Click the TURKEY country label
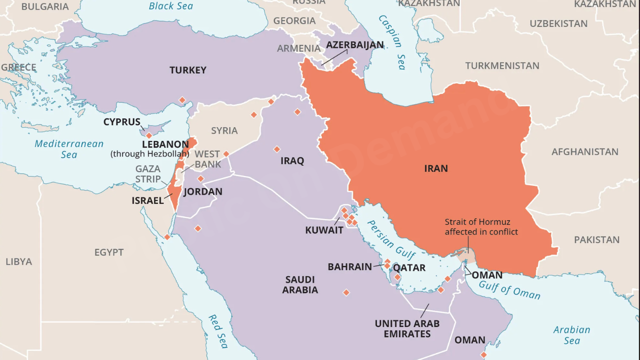point(187,70)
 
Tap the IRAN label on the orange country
point(435,168)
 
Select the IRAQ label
point(292,160)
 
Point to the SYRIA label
point(224,130)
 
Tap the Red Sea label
point(218,331)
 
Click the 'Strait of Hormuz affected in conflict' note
point(481,226)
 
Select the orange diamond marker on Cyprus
point(149,135)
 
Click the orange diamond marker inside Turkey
point(182,99)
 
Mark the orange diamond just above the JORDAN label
point(200,178)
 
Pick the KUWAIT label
point(324,230)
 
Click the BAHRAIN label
point(349,267)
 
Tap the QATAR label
point(409,267)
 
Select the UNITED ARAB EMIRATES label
point(407,328)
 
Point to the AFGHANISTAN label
point(584,151)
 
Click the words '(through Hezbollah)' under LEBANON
point(149,154)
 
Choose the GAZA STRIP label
point(148,174)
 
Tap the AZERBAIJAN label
point(354,45)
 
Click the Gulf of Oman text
point(509,289)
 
